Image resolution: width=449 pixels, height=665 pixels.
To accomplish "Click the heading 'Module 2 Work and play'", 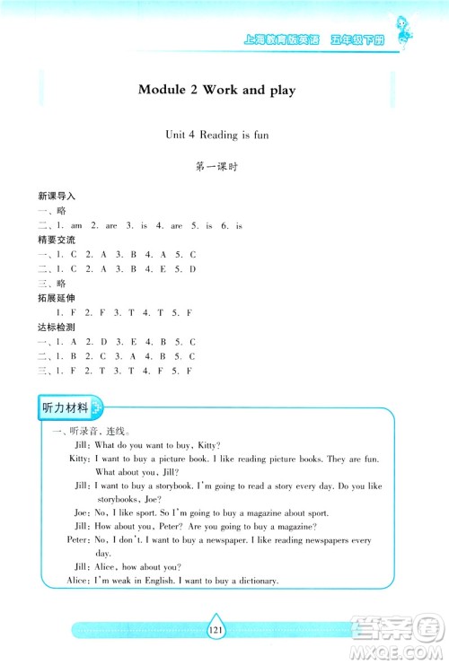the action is [217, 90].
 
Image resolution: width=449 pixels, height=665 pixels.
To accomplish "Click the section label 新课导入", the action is [57, 195].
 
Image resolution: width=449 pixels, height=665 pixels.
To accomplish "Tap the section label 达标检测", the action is [57, 328].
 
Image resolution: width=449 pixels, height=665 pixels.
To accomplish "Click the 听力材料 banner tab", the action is [67, 408].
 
